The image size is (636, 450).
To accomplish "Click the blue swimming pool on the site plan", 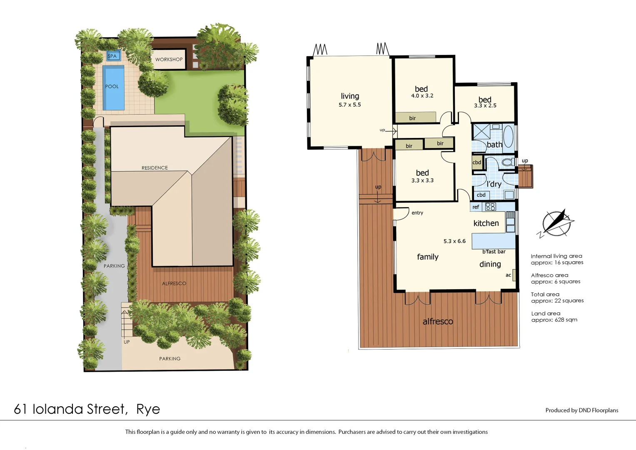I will [x=113, y=88].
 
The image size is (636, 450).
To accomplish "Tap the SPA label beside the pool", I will [x=112, y=56].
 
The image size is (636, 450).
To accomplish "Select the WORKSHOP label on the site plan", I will [x=169, y=60].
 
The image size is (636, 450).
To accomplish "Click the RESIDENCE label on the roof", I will [x=155, y=168].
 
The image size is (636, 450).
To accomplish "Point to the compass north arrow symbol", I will [x=556, y=223].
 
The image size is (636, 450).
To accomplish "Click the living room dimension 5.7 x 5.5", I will [x=349, y=105].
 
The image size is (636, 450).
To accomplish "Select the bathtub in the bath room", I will [x=508, y=136].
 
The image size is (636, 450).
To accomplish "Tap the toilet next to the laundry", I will [x=507, y=162].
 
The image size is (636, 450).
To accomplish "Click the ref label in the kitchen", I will [x=476, y=207].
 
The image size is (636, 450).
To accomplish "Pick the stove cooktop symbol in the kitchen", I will [x=490, y=207].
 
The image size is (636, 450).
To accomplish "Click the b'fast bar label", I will [x=494, y=252].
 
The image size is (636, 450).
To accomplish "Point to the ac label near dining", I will [x=508, y=275].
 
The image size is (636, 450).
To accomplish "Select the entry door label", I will [x=417, y=213].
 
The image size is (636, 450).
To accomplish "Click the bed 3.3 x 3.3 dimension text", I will [x=422, y=181].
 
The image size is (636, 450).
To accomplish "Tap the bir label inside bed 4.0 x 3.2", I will [x=412, y=118].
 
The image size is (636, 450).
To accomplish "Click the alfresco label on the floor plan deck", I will [x=437, y=322].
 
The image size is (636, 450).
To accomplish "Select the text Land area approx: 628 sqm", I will [x=554, y=317].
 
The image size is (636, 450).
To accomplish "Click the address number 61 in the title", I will [x=20, y=409].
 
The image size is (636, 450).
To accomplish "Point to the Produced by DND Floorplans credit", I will [x=581, y=410].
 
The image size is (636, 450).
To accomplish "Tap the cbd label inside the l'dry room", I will [x=481, y=195].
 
